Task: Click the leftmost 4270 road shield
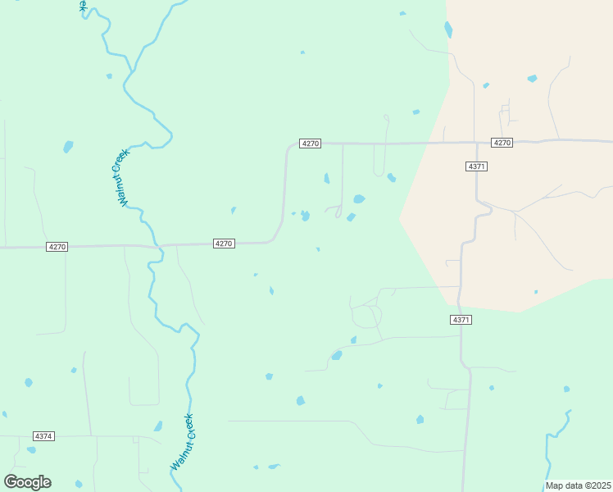click(57, 247)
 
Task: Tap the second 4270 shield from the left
click(225, 244)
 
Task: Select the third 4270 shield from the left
click(310, 143)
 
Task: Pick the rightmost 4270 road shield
click(502, 143)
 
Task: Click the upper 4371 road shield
click(476, 166)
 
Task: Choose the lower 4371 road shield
click(461, 320)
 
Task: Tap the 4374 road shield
click(43, 436)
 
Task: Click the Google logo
click(28, 482)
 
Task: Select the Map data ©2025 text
click(578, 485)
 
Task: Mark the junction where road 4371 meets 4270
click(476, 143)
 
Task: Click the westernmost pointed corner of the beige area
click(399, 219)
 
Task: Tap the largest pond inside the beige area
click(532, 79)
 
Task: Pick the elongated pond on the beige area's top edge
click(448, 30)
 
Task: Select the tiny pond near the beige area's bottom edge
click(536, 292)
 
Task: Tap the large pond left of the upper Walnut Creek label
click(68, 147)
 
